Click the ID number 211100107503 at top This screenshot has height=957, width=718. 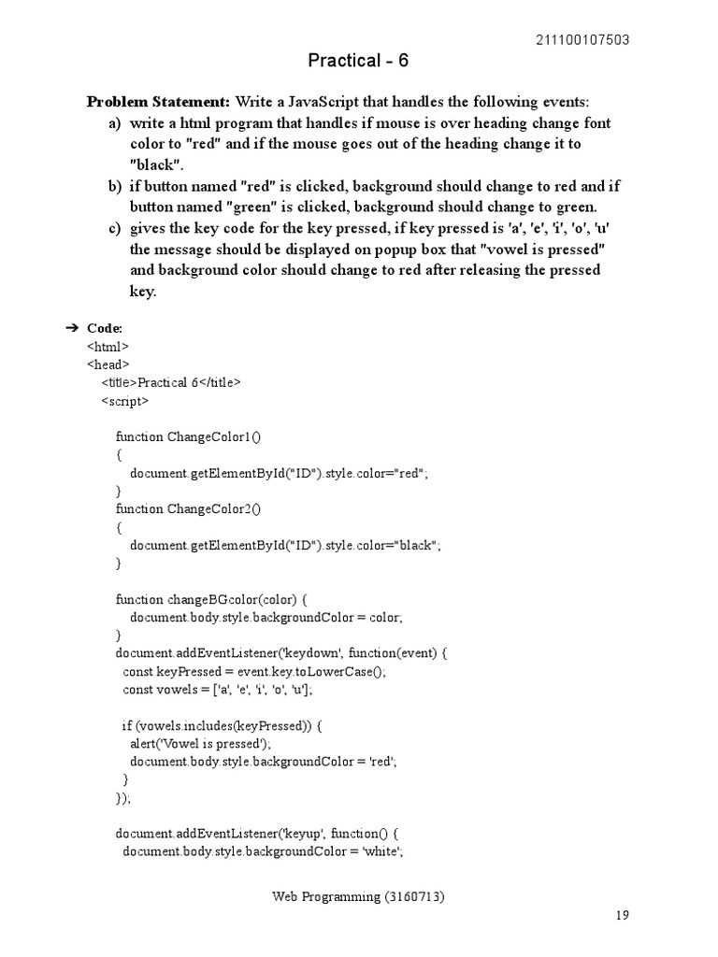coord(582,39)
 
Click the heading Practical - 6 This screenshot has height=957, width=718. coord(358,62)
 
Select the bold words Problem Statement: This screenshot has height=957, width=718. coord(158,102)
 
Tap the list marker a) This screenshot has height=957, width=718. coord(114,123)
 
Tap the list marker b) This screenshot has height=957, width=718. coord(114,186)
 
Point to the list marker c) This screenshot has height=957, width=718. coord(114,229)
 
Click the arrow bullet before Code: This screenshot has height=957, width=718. coord(72,328)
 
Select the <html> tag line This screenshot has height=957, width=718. coord(108,346)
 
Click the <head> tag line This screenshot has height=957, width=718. coord(108,364)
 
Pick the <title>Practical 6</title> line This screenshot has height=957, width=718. coord(171,382)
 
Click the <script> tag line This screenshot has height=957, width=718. coord(124,401)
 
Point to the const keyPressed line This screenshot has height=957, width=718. coord(253,672)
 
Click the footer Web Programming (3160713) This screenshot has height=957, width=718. coord(358,897)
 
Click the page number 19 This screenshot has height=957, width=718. coord(623,915)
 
